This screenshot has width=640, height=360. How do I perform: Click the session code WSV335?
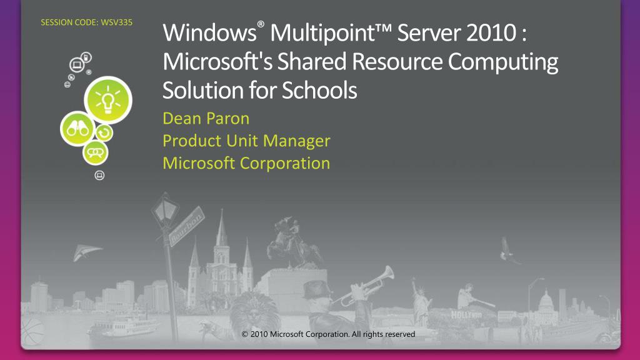tap(86, 24)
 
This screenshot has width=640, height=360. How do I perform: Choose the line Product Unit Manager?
tap(246, 141)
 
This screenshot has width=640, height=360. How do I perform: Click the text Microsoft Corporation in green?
tap(246, 163)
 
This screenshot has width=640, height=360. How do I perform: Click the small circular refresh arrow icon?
tap(104, 132)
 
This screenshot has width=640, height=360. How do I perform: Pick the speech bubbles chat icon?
tap(96, 152)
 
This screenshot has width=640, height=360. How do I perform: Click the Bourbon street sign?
tap(186, 221)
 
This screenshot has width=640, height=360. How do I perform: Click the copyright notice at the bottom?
tap(328, 334)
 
